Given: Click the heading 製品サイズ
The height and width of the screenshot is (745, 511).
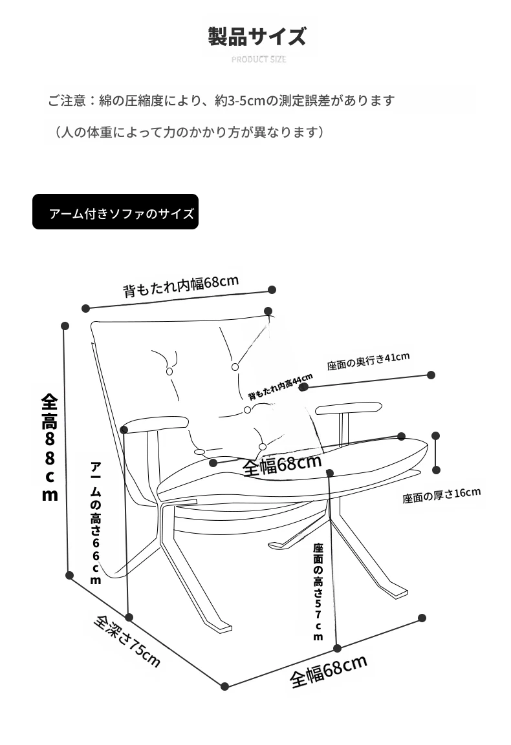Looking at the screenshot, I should [x=257, y=36].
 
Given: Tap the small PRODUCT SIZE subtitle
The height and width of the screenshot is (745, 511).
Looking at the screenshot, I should [x=259, y=59].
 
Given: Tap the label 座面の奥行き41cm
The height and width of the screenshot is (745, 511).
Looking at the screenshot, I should [x=367, y=361].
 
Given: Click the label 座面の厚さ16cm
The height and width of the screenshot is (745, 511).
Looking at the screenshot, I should [x=441, y=496].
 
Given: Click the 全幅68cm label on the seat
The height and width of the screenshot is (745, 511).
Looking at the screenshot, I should [x=281, y=465].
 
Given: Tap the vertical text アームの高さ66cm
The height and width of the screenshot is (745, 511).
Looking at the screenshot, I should [x=96, y=523].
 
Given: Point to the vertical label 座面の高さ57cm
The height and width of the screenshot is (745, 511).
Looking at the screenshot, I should [x=318, y=591].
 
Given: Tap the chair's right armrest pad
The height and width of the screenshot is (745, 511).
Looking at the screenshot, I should [x=347, y=408].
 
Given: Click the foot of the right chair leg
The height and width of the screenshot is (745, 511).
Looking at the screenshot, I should [x=396, y=590].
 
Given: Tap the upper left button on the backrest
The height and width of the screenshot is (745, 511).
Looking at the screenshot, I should [x=169, y=372].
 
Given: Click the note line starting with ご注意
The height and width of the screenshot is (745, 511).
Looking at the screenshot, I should [x=221, y=101].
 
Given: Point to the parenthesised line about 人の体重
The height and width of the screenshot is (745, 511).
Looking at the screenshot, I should [x=188, y=132].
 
